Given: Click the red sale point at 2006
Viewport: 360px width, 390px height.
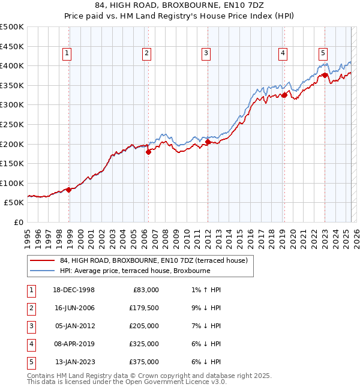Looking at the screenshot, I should [x=148, y=152].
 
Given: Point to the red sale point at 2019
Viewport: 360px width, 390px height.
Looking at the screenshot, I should [x=284, y=95].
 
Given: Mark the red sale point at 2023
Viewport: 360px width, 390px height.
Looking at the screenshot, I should [x=325, y=75].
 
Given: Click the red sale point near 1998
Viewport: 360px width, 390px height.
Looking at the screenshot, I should [x=69, y=190].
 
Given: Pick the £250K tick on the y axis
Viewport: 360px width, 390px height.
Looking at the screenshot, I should [x=12, y=124].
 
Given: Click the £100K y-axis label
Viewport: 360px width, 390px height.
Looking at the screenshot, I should [x=12, y=183].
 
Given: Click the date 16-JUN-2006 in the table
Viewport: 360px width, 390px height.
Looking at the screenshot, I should [x=74, y=308].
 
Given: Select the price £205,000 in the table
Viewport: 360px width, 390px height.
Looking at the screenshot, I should [x=144, y=326].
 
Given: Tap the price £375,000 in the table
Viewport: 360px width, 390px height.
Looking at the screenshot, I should [x=144, y=362].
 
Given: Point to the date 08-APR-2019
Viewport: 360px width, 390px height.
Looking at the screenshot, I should [x=74, y=344].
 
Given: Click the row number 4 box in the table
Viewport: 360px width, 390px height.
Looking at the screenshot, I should [x=30, y=344].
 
